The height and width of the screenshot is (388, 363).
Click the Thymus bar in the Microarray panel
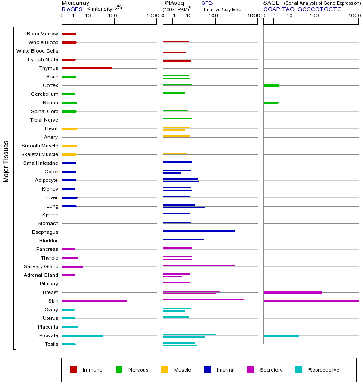pos(87,68)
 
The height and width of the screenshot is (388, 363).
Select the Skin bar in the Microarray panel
pos(94,301)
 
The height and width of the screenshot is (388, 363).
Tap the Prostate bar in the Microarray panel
pos(82,335)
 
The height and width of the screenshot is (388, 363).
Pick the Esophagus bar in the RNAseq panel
pos(199,231)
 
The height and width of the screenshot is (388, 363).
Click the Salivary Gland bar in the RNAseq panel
pos(198,265)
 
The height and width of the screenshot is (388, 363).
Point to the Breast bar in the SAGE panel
pos(293,292)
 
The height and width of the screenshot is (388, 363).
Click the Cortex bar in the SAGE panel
pos(271,85)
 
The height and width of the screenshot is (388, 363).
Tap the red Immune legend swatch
pos(73,370)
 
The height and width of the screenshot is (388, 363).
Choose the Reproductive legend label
pos(323,370)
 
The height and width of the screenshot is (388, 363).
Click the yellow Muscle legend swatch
pos(165,370)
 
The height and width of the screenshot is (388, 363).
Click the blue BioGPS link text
pos(71,9)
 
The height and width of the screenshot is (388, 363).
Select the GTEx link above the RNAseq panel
pos(207,3)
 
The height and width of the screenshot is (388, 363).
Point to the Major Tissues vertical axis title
pos(6,161)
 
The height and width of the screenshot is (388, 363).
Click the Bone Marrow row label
pos(42,34)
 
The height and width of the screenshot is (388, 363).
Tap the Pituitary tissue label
pos(48,284)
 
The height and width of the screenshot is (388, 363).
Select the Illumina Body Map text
pos(221,9)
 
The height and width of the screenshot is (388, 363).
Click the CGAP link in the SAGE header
pos(272,9)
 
